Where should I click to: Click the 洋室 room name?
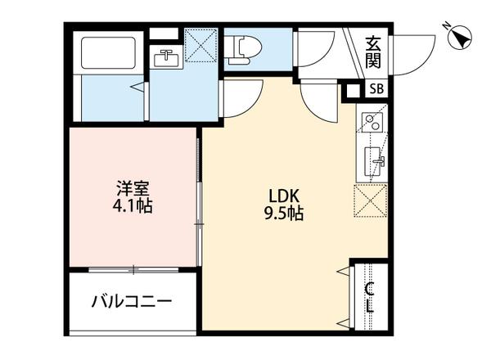coord(133,187)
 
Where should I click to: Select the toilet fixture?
coord(238,50)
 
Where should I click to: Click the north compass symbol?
coord(460,36)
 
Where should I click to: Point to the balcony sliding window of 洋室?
coord(134,269)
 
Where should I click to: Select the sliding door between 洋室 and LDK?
coord(200,200)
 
